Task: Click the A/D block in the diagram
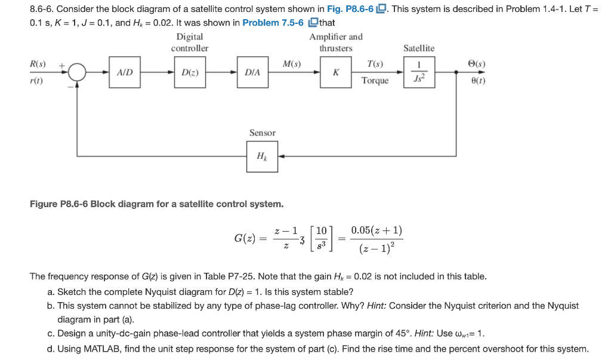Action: pos(125,72)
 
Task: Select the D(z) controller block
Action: pos(190,72)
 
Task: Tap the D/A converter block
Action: pos(252,72)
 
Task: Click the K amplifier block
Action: pos(336,72)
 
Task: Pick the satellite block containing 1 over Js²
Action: pos(419,72)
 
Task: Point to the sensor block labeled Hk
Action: pos(262,156)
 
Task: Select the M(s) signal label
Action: pos(291,63)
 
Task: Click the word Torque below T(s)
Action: pos(375,81)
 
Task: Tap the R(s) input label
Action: pos(38,63)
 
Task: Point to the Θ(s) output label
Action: pos(478,63)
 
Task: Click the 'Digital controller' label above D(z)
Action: pos(190,42)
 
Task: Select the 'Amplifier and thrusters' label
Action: pos(336,42)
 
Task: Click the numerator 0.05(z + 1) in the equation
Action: pos(377,230)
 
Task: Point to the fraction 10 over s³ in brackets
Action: pos(321,238)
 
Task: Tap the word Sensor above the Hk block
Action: pos(262,133)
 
